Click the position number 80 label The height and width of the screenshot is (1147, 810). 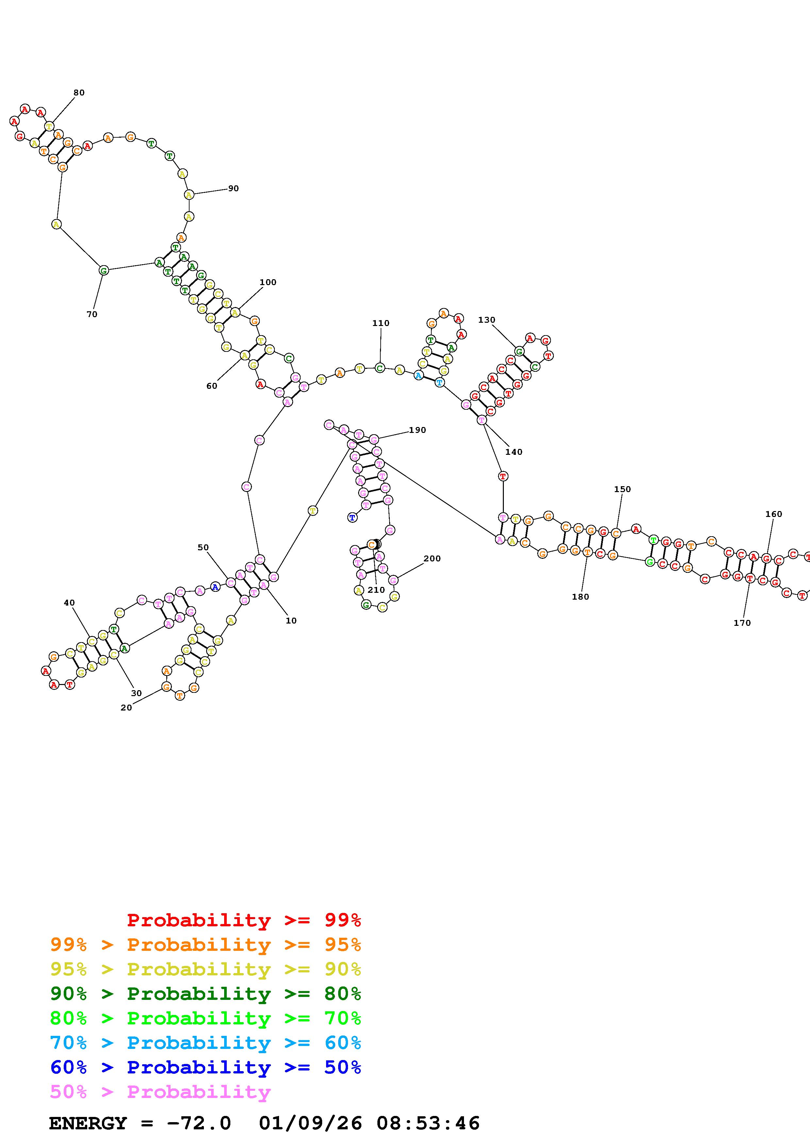[79, 93]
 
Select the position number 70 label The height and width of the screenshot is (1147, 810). [92, 314]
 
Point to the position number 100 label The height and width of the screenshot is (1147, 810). [268, 282]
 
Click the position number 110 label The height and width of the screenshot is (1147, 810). [381, 323]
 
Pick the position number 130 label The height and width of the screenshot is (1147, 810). [487, 320]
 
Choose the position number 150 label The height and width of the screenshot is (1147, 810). [622, 489]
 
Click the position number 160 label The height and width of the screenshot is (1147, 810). [773, 514]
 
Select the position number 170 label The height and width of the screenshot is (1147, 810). [742, 623]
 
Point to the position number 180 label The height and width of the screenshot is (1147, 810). [580, 596]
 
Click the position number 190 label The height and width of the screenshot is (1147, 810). [418, 430]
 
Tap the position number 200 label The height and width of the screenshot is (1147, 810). [432, 558]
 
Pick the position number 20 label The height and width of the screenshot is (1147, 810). [126, 707]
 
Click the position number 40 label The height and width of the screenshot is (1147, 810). [69, 603]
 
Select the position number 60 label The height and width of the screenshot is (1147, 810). [212, 386]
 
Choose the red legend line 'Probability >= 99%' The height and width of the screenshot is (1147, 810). [244, 920]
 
